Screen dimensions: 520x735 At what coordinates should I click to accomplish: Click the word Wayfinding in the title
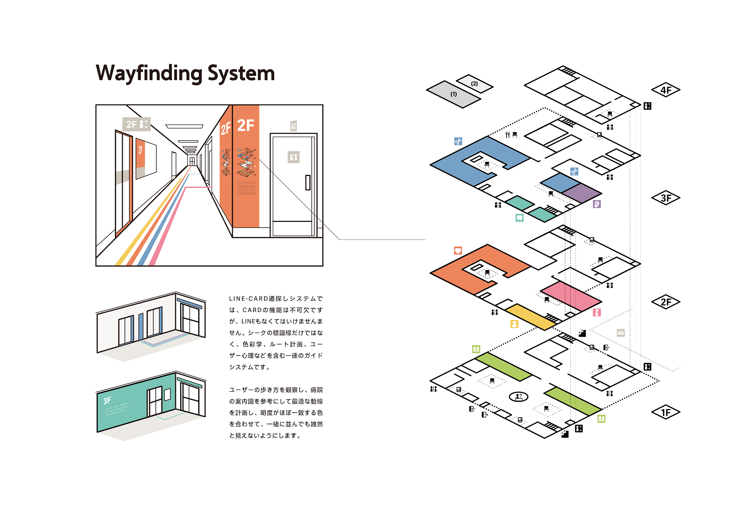point(149,74)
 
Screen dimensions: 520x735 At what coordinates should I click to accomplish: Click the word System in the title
point(241,74)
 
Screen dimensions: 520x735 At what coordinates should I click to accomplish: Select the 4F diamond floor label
point(665,90)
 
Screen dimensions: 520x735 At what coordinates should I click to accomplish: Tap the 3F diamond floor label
point(665,198)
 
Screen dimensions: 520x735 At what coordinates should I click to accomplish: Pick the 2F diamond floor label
point(665,302)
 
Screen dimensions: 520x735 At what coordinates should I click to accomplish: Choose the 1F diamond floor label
point(665,413)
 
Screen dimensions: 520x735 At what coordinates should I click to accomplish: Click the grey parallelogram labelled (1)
point(453,94)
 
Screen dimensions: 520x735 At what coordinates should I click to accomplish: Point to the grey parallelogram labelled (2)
point(474,84)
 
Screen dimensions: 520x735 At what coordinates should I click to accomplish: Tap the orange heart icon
point(458,251)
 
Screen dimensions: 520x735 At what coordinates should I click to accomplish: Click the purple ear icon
point(597,204)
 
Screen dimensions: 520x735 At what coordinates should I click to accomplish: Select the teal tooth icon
point(519,218)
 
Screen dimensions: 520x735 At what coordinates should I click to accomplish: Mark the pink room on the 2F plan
point(571,296)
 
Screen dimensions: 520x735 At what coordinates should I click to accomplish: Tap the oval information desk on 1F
point(518,396)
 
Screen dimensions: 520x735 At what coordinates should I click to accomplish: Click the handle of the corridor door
point(308,182)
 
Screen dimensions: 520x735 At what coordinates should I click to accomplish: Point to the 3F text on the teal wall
point(107,400)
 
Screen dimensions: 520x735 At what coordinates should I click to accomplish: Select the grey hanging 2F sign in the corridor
point(136,124)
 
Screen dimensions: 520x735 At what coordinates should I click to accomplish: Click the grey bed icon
point(621,333)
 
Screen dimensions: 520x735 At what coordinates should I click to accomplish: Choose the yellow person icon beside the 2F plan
point(514,324)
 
